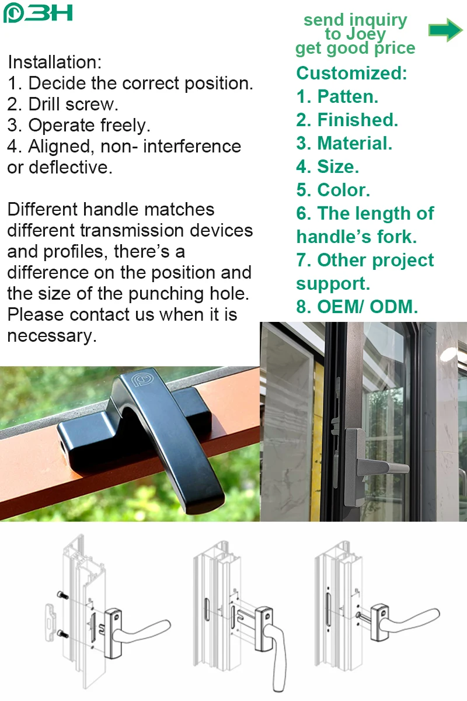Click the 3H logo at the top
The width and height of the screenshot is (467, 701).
(37, 12)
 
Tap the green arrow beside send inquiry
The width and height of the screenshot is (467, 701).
(445, 30)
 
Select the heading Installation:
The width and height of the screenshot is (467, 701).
(54, 62)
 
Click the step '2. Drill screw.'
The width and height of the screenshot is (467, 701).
(63, 105)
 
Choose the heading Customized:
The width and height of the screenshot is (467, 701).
(351, 74)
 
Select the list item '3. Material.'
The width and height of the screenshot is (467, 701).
(344, 143)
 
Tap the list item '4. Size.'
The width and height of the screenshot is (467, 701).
(327, 167)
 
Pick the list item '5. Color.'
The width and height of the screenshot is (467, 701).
(333, 190)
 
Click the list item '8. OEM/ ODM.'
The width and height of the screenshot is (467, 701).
(357, 307)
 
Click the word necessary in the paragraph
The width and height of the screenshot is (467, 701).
(51, 336)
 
